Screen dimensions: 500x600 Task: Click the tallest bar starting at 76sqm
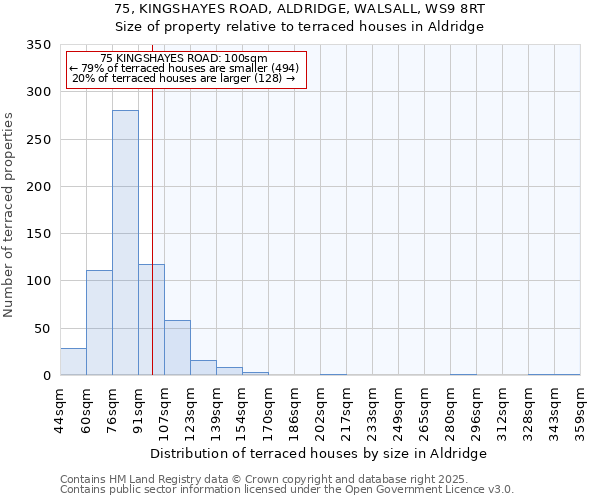(125, 243)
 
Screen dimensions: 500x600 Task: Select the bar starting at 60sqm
(99, 323)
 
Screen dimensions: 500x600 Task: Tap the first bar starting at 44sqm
(73, 362)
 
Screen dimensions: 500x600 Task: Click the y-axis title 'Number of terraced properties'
(9, 215)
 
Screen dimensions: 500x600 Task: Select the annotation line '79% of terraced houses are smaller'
(184, 68)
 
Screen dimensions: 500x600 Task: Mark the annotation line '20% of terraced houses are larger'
(184, 78)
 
